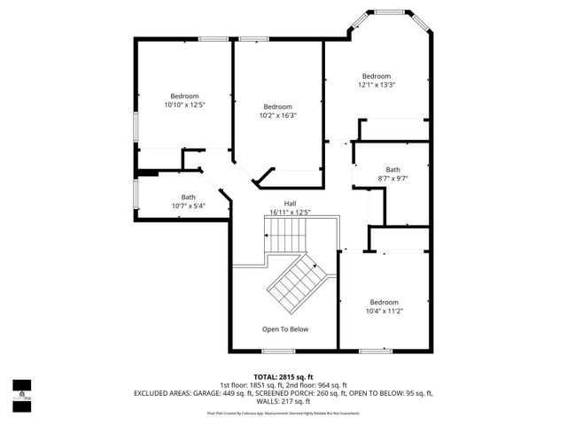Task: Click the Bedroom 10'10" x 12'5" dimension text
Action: (184, 104)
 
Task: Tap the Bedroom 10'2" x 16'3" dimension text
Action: (277, 115)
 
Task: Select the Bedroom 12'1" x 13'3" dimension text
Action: (377, 85)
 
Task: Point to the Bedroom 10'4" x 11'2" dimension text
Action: (384, 311)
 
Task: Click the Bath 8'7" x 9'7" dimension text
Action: (392, 179)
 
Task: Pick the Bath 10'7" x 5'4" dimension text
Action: (188, 206)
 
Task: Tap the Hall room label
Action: (290, 203)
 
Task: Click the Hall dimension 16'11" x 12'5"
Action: (290, 212)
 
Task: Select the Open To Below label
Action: (284, 329)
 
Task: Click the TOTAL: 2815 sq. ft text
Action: (283, 376)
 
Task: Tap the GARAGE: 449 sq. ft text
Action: (223, 391)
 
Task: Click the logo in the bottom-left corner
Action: (21, 390)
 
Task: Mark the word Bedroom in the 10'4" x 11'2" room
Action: (384, 302)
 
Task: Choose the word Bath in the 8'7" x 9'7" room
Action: (392, 170)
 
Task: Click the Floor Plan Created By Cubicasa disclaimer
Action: (283, 413)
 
